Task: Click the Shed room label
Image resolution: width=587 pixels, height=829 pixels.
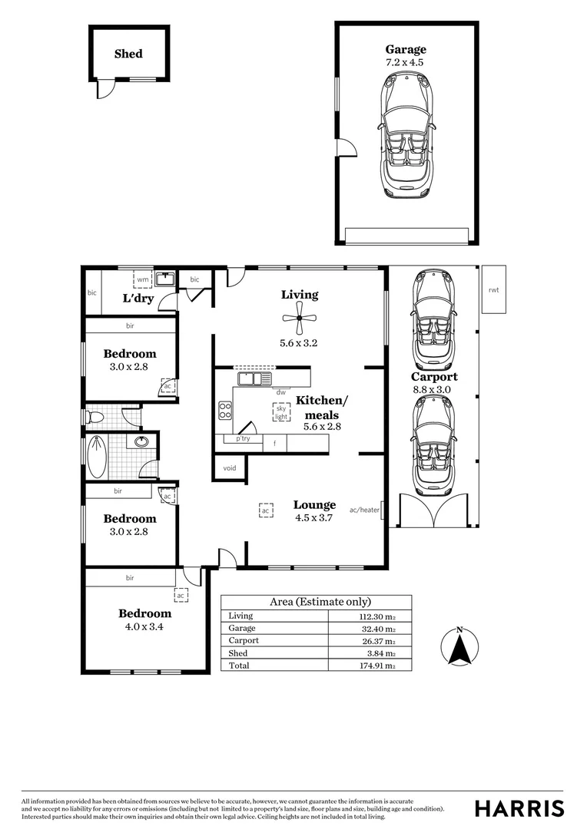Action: [x=128, y=54]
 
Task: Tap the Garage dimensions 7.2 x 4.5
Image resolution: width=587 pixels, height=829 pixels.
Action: [x=405, y=62]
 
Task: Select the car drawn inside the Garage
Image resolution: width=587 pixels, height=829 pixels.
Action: [x=405, y=139]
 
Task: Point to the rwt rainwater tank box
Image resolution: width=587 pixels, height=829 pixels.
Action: [x=493, y=289]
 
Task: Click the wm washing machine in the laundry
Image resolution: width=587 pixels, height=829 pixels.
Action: [x=143, y=279]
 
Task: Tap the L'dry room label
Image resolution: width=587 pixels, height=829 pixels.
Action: [x=138, y=298]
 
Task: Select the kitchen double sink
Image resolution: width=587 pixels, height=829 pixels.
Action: [x=254, y=378]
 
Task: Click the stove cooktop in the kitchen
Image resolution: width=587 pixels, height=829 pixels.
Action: [x=225, y=411]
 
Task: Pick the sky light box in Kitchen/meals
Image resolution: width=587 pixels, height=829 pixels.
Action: [x=281, y=413]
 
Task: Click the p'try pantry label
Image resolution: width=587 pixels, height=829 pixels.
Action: [x=243, y=438]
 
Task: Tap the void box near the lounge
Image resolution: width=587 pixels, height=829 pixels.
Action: [x=229, y=467]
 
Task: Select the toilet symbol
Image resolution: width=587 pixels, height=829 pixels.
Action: [x=93, y=418]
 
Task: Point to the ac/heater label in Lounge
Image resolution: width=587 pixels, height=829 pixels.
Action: [x=365, y=509]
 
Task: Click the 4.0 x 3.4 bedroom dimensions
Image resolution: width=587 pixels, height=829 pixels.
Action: [x=144, y=626]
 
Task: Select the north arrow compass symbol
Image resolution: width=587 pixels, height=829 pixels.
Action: [x=459, y=648]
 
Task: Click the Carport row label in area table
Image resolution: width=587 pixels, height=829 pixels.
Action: [x=244, y=640]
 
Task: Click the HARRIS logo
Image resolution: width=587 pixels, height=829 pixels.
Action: [x=519, y=808]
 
